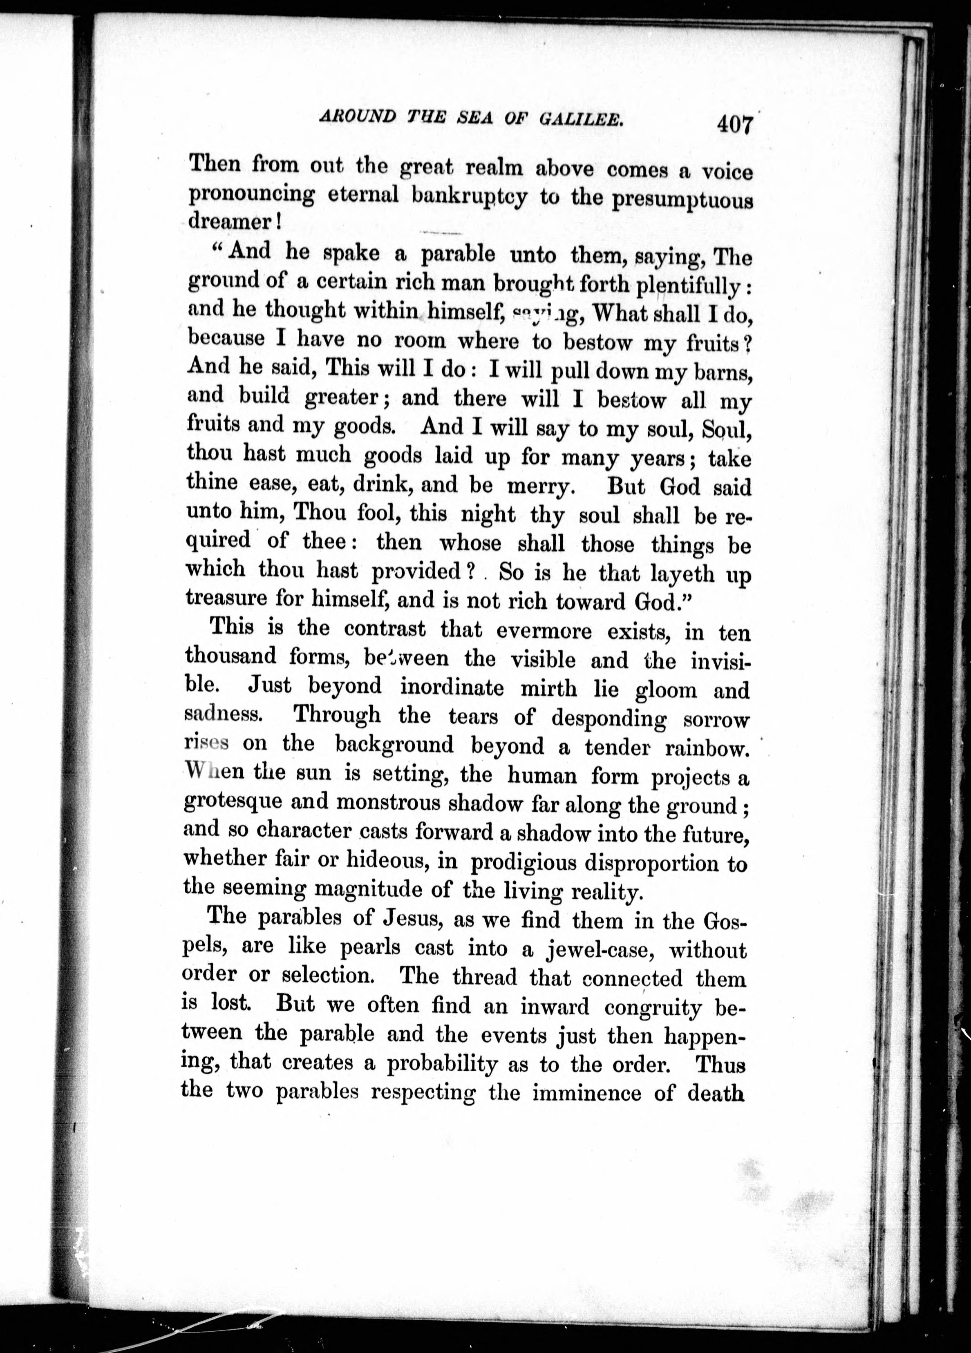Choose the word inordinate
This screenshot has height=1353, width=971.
click(x=452, y=687)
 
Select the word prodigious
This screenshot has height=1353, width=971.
click(x=524, y=862)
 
